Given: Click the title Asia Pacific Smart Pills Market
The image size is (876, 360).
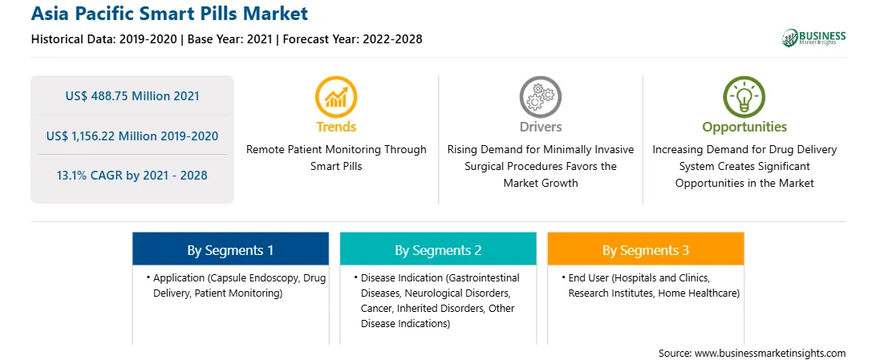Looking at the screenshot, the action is click(169, 13).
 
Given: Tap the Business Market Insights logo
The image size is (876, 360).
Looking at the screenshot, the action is click(814, 38).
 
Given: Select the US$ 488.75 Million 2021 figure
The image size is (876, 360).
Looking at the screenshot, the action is click(132, 96).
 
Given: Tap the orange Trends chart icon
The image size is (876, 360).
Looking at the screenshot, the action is click(336, 96).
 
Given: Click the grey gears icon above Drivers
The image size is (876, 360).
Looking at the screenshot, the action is click(540, 96).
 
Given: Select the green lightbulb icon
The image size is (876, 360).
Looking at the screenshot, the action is click(744, 96).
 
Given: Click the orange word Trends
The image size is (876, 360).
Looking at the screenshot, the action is click(336, 127).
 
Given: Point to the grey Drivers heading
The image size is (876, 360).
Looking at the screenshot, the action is click(541, 127).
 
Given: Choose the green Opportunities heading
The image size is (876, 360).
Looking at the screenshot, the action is click(744, 127).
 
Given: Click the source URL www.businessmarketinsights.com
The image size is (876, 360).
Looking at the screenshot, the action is click(770, 353).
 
